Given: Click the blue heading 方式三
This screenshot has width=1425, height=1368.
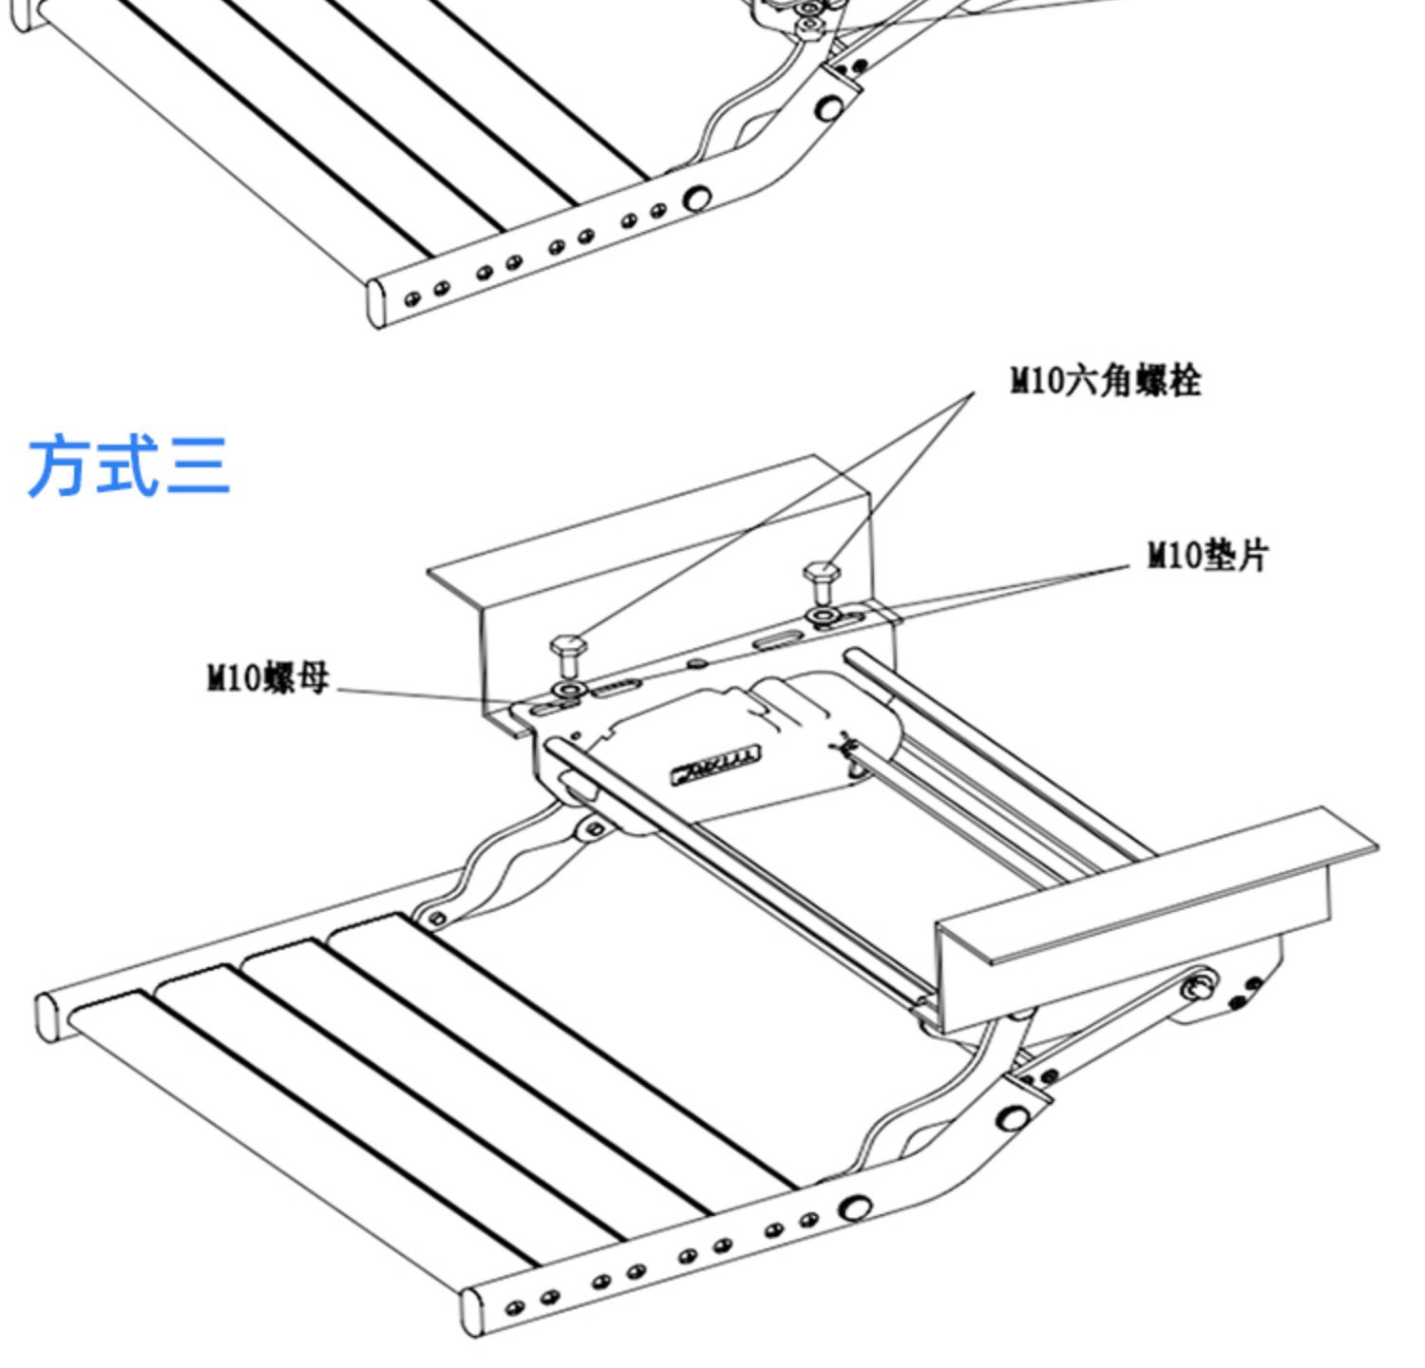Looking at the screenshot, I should pos(129,465).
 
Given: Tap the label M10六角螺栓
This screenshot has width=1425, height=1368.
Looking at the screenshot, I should pos(1105,381).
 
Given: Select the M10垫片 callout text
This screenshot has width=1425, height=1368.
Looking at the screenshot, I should pos(1207,555).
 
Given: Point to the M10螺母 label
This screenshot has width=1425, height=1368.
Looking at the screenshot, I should pos(268,678).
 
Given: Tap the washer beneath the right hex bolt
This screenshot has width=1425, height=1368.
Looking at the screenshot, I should pos(822,617).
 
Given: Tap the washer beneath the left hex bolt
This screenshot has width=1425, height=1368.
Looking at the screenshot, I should pos(570,689).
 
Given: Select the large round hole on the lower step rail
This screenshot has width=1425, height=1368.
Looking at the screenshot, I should pos(855,1208).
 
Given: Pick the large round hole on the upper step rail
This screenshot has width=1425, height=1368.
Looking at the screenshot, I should pos(697,199).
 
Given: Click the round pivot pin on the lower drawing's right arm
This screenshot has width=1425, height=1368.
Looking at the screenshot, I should pos(1014,1117).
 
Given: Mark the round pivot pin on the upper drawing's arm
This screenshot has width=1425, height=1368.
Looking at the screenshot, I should pos(830,108).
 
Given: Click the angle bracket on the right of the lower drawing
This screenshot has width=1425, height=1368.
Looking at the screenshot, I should pos(1140,902).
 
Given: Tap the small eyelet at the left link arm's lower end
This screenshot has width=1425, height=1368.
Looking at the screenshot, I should pos(436,919).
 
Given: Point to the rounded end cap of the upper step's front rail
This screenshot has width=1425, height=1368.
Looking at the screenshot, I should pos(377,302).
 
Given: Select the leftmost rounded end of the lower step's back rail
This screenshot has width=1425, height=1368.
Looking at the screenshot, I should pos(46,1015).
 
